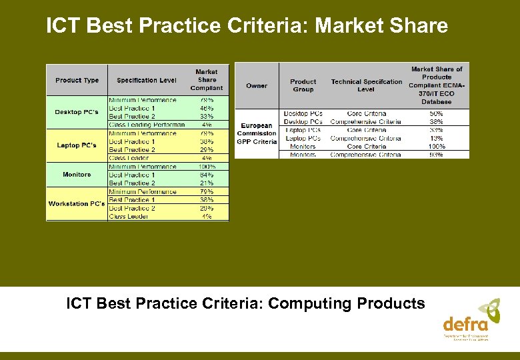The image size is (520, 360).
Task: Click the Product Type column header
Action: tap(77, 80)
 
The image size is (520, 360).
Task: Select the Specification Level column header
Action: tap(147, 80)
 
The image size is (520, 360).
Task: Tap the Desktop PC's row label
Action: tap(77, 112)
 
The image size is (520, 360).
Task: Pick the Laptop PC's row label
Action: tap(77, 145)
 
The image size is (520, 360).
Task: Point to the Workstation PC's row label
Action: tap(77, 204)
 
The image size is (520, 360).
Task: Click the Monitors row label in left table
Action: tap(77, 175)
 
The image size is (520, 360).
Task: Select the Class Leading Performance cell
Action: tap(147, 125)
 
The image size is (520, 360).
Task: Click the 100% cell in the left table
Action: tap(207, 166)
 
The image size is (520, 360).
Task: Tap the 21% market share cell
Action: tap(207, 183)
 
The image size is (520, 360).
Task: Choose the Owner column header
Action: tap(257, 85)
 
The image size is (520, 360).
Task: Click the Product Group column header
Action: tap(303, 85)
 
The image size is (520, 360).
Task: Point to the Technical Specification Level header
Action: tap(366, 85)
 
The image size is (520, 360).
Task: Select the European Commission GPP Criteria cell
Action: tap(257, 133)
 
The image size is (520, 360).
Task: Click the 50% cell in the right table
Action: tap(437, 113)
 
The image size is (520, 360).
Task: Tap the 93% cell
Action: tap(437, 155)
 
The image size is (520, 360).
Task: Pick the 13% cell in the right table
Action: tap(437, 138)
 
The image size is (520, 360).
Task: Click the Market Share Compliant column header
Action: tap(207, 80)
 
